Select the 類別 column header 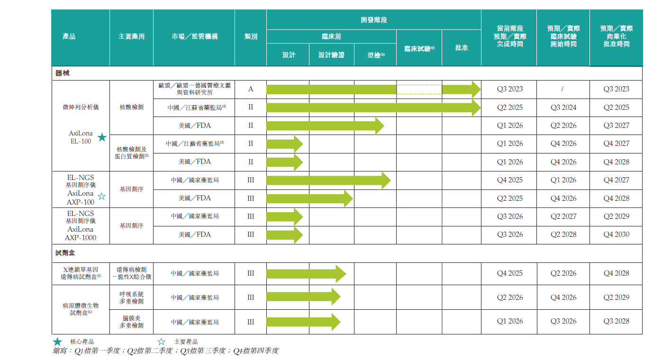point(251,36)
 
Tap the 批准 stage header point(461,48)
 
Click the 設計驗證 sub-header point(331,55)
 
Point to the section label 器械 point(63,73)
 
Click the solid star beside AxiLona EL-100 point(102,137)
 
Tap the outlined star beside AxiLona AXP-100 point(101,196)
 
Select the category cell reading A point(251,89)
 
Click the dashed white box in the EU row point(419,89)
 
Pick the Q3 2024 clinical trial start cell point(563,108)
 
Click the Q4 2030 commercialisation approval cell point(616,234)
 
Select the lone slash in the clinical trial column point(563,89)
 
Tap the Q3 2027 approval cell point(616,126)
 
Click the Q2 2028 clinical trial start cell point(563,234)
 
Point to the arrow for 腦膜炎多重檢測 point(303,322)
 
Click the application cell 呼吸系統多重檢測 point(131,297)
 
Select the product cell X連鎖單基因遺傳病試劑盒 point(81,273)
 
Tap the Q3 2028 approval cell point(616,321)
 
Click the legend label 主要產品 point(185,342)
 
